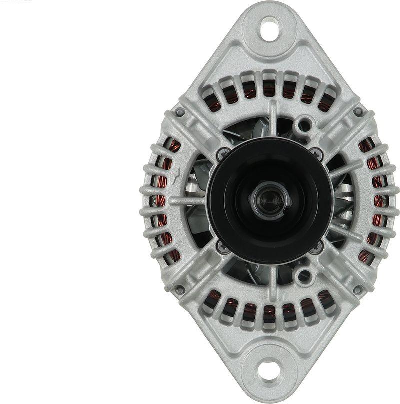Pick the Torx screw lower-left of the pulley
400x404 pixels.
221,246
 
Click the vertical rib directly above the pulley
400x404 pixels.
273,118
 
